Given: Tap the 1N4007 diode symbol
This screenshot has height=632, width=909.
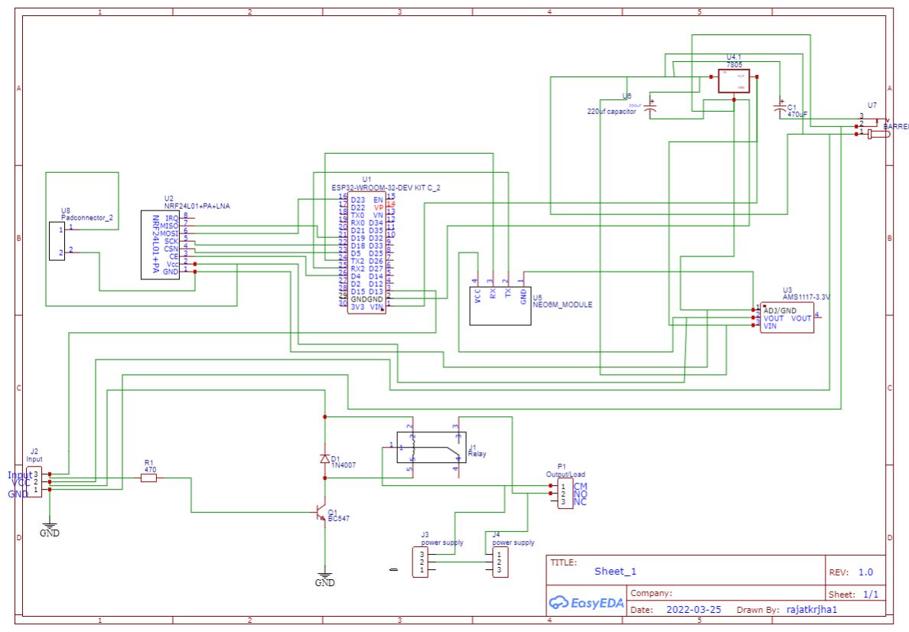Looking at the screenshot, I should [x=325, y=459].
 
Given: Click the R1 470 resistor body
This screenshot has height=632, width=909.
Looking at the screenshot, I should [x=149, y=478].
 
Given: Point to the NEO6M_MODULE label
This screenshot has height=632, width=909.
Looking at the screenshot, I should [x=562, y=305].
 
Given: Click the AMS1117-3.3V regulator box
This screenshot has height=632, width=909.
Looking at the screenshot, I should [x=786, y=317].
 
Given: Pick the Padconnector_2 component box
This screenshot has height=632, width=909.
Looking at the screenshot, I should [x=57, y=242].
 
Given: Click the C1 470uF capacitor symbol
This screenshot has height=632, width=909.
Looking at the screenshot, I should [x=780, y=111].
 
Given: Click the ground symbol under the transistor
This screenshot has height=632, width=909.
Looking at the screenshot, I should [x=325, y=578].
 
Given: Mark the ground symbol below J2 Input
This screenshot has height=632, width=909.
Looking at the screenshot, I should [x=50, y=528].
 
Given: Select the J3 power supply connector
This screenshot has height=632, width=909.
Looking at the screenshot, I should [x=420, y=562].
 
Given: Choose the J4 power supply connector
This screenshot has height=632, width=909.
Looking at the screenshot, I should [x=500, y=562].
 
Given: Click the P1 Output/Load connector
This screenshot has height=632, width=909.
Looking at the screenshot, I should [x=564, y=494].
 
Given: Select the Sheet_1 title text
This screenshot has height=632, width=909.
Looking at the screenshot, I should [x=615, y=571].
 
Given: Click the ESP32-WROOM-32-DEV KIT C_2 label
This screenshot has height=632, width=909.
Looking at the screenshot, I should [x=386, y=187].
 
